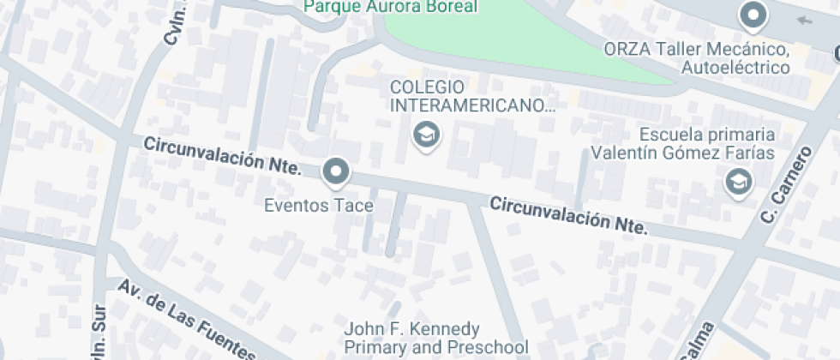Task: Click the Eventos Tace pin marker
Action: (x=336, y=172)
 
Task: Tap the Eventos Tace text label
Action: (x=318, y=206)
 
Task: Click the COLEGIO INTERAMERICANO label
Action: (x=471, y=96)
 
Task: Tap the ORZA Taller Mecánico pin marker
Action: (x=753, y=15)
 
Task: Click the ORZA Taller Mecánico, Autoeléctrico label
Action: (x=695, y=58)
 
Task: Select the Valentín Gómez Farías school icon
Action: (x=737, y=181)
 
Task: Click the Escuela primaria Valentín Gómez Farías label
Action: (x=682, y=144)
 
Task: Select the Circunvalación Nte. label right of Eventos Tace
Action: (x=568, y=215)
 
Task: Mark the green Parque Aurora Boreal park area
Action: (x=514, y=39)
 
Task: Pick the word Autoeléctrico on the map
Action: (x=735, y=67)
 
